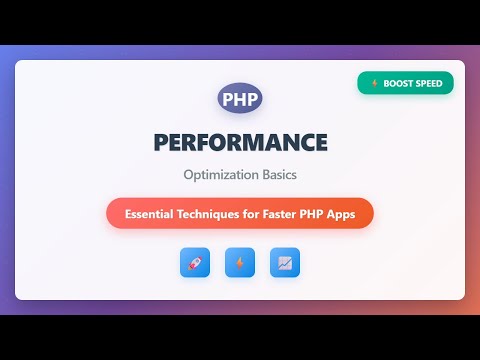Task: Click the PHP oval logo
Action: point(240,100)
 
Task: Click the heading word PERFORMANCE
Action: point(240,143)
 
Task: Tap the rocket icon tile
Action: point(195,262)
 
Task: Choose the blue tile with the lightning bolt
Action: point(240,262)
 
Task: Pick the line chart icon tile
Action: point(285,262)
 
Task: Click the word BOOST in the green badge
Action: point(400,84)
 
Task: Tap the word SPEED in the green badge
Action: point(431,84)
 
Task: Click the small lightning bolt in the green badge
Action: point(374,84)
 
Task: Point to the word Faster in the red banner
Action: point(284,213)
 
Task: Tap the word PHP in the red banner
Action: point(321,213)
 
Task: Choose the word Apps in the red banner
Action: point(351,213)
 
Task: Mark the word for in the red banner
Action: point(258,213)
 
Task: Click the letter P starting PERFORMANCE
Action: point(161,143)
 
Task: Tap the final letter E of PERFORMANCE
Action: point(320,143)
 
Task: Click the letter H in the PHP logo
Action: point(240,100)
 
